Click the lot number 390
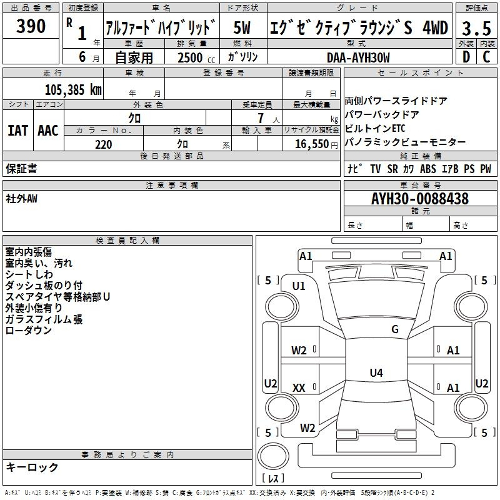[x=31, y=26]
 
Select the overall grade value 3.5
[x=476, y=28]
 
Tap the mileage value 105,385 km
[x=73, y=89]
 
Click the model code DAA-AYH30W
[x=358, y=57]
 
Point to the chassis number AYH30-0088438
[x=420, y=198]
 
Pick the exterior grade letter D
[x=466, y=57]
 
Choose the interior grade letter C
[x=487, y=57]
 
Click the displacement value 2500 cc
[x=196, y=57]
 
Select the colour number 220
[x=104, y=144]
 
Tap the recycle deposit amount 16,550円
[x=316, y=144]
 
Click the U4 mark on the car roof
[x=376, y=372]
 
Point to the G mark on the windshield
[x=395, y=329]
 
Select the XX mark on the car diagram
[x=299, y=387]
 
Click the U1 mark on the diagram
[x=299, y=286]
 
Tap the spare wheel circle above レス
[x=273, y=456]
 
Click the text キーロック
[x=32, y=467]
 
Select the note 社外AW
[x=21, y=199]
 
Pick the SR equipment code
[x=392, y=169]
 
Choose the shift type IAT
[x=17, y=131]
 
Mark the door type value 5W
[x=242, y=27]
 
